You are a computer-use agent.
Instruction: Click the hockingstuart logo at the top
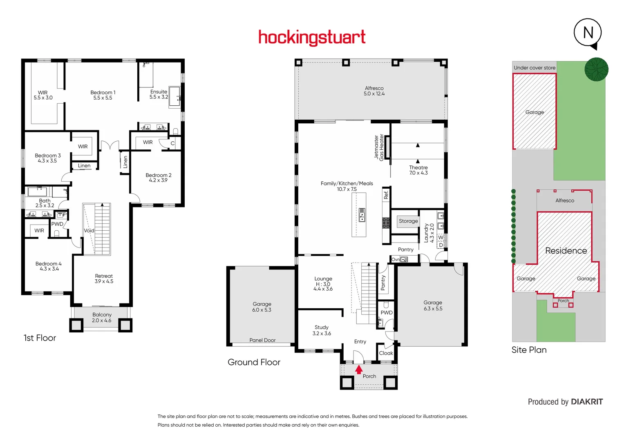point(312,38)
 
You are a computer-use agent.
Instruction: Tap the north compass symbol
point(588,33)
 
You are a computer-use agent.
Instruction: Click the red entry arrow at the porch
point(358,370)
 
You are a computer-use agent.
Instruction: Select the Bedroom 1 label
point(103,95)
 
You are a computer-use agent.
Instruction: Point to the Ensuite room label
point(159,94)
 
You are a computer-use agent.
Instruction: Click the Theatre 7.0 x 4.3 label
point(418,170)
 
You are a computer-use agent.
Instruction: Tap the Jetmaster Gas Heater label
point(379,147)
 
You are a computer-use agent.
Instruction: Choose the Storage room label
point(408,221)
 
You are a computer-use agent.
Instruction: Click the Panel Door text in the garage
point(262,340)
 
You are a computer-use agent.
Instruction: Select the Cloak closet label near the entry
point(386,353)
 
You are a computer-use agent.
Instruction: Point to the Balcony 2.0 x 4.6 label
point(102,317)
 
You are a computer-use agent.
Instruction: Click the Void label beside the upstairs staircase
point(89,231)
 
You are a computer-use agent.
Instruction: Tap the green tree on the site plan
point(596,69)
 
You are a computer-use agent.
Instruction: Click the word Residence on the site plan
point(566,251)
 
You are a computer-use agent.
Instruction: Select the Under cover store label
point(535,68)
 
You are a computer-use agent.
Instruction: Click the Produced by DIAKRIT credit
point(565,402)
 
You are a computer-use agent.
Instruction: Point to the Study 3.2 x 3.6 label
point(322,330)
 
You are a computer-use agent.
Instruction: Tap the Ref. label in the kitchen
point(386,195)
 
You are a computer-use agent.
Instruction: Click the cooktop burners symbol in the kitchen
point(386,223)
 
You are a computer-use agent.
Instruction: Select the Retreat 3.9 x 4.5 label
point(104,278)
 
